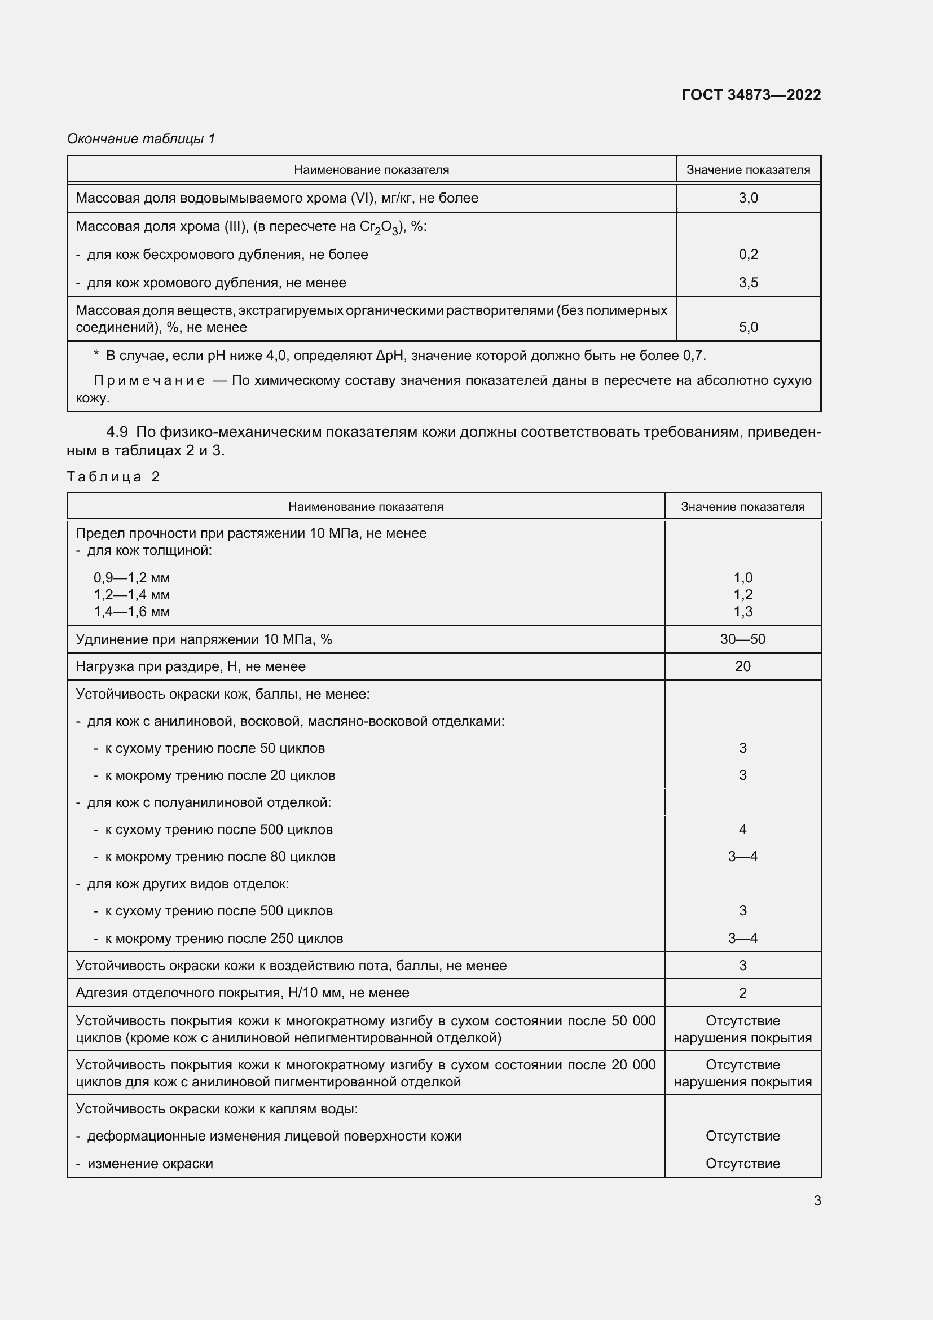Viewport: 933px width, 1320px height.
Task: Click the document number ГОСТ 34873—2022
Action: pos(751,95)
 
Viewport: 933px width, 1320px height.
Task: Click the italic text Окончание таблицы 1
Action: pos(141,139)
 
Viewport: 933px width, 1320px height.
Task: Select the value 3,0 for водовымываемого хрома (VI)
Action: pos(748,198)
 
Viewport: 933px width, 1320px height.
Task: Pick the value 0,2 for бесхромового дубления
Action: pos(748,254)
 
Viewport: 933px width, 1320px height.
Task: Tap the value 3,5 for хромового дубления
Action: pos(748,282)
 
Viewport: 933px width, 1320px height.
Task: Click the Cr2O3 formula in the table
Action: pos(379,227)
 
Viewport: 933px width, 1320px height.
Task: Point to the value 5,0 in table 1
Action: pos(748,327)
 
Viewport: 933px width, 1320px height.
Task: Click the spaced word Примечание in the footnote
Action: pos(149,380)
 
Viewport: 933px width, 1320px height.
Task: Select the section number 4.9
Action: pos(117,432)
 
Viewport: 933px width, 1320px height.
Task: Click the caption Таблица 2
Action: pos(113,477)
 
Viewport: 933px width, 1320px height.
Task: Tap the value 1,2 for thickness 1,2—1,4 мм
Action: pos(742,594)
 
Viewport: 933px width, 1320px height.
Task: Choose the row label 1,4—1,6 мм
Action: pos(131,612)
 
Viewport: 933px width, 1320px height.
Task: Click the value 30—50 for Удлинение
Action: pos(742,639)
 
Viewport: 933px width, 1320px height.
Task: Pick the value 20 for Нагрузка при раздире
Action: pos(742,666)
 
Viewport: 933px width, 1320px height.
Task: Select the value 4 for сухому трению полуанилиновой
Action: pos(742,829)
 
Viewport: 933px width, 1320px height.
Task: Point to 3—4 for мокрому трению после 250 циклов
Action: pos(742,939)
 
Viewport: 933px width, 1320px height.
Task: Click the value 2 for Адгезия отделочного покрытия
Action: pos(742,993)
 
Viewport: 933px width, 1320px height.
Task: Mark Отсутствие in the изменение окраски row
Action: pos(742,1164)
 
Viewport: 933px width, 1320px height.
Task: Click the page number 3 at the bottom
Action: pos(817,1200)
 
